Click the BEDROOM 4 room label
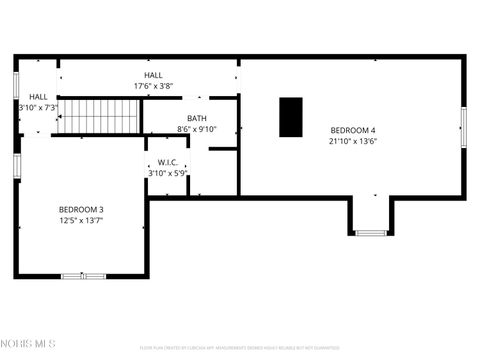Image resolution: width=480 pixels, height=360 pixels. click(353, 130)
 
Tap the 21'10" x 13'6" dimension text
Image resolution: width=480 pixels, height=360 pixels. click(353, 141)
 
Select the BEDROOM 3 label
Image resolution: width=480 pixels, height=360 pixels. click(81, 209)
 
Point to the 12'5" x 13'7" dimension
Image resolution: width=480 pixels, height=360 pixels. click(81, 220)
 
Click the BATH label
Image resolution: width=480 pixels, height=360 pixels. click(196, 118)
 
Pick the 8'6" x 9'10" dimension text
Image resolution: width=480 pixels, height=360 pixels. click(196, 129)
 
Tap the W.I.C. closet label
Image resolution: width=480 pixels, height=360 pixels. click(167, 162)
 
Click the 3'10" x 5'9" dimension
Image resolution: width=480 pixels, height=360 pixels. click(167, 173)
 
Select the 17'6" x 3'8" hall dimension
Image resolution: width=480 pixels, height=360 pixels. click(153, 86)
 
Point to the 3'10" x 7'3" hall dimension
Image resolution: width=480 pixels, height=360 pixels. click(38, 107)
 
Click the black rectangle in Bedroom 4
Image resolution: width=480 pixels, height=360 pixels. click(290, 117)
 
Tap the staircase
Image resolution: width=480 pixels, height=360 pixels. click(98, 116)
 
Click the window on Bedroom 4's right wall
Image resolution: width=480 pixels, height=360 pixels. click(463, 127)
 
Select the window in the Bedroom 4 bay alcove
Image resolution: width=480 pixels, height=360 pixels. click(371, 233)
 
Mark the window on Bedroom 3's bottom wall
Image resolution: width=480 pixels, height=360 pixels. click(84, 275)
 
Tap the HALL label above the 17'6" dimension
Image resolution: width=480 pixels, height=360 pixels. click(153, 75)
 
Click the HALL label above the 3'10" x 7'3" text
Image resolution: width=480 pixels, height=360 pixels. click(38, 96)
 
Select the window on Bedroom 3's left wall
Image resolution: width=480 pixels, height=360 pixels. click(17, 164)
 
